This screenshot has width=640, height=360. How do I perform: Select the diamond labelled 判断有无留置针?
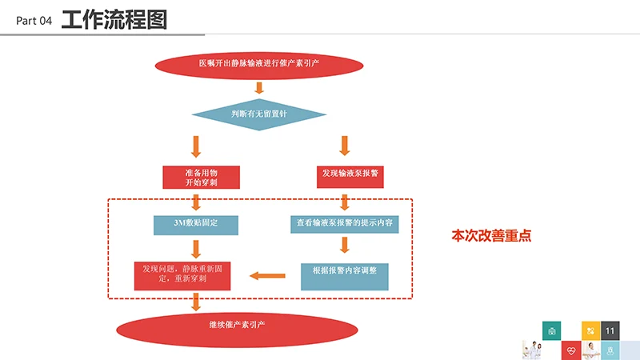[x=258, y=114]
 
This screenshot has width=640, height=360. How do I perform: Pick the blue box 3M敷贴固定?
[x=197, y=223]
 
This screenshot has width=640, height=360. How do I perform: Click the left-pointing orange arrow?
[x=266, y=276]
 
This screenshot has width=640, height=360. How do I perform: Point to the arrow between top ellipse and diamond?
[x=258, y=88]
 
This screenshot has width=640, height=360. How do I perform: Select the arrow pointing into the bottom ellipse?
[x=195, y=302]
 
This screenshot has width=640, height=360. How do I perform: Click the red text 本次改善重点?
[x=492, y=236]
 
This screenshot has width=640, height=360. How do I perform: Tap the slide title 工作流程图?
[x=114, y=19]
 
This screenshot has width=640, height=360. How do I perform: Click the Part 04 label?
[x=34, y=22]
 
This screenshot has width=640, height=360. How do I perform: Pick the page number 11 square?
[x=610, y=330]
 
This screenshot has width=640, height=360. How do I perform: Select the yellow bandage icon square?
[x=590, y=330]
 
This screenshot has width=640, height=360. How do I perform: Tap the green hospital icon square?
[x=550, y=330]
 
